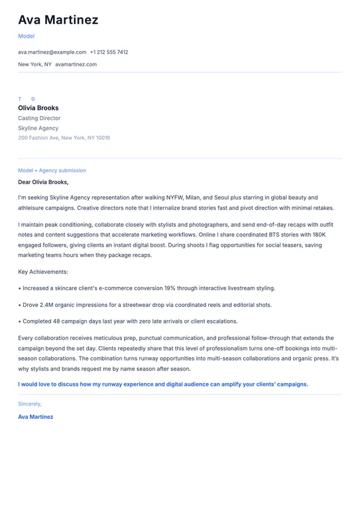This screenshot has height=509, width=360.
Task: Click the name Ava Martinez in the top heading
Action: [58, 20]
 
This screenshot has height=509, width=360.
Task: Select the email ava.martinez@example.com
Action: [52, 52]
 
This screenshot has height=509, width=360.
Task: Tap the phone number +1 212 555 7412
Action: [109, 52]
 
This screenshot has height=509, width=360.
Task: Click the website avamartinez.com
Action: [76, 64]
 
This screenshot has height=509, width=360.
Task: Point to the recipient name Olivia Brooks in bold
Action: [38, 108]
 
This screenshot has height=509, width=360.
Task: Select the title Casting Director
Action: [39, 118]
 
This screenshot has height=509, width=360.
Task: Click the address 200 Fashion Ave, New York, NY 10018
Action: [64, 138]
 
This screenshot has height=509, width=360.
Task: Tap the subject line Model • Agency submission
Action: [52, 170]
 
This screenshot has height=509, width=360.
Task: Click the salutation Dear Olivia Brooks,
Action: [43, 182]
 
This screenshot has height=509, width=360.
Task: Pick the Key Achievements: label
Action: [43, 272]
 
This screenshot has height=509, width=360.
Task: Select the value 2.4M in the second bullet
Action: [45, 305]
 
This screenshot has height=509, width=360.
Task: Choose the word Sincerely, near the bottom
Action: [30, 404]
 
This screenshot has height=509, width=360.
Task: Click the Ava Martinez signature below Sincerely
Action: [35, 417]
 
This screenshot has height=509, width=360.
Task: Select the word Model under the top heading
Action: [26, 36]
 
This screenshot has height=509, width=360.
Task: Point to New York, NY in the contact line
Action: [34, 64]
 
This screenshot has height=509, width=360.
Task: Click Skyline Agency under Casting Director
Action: [38, 128]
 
